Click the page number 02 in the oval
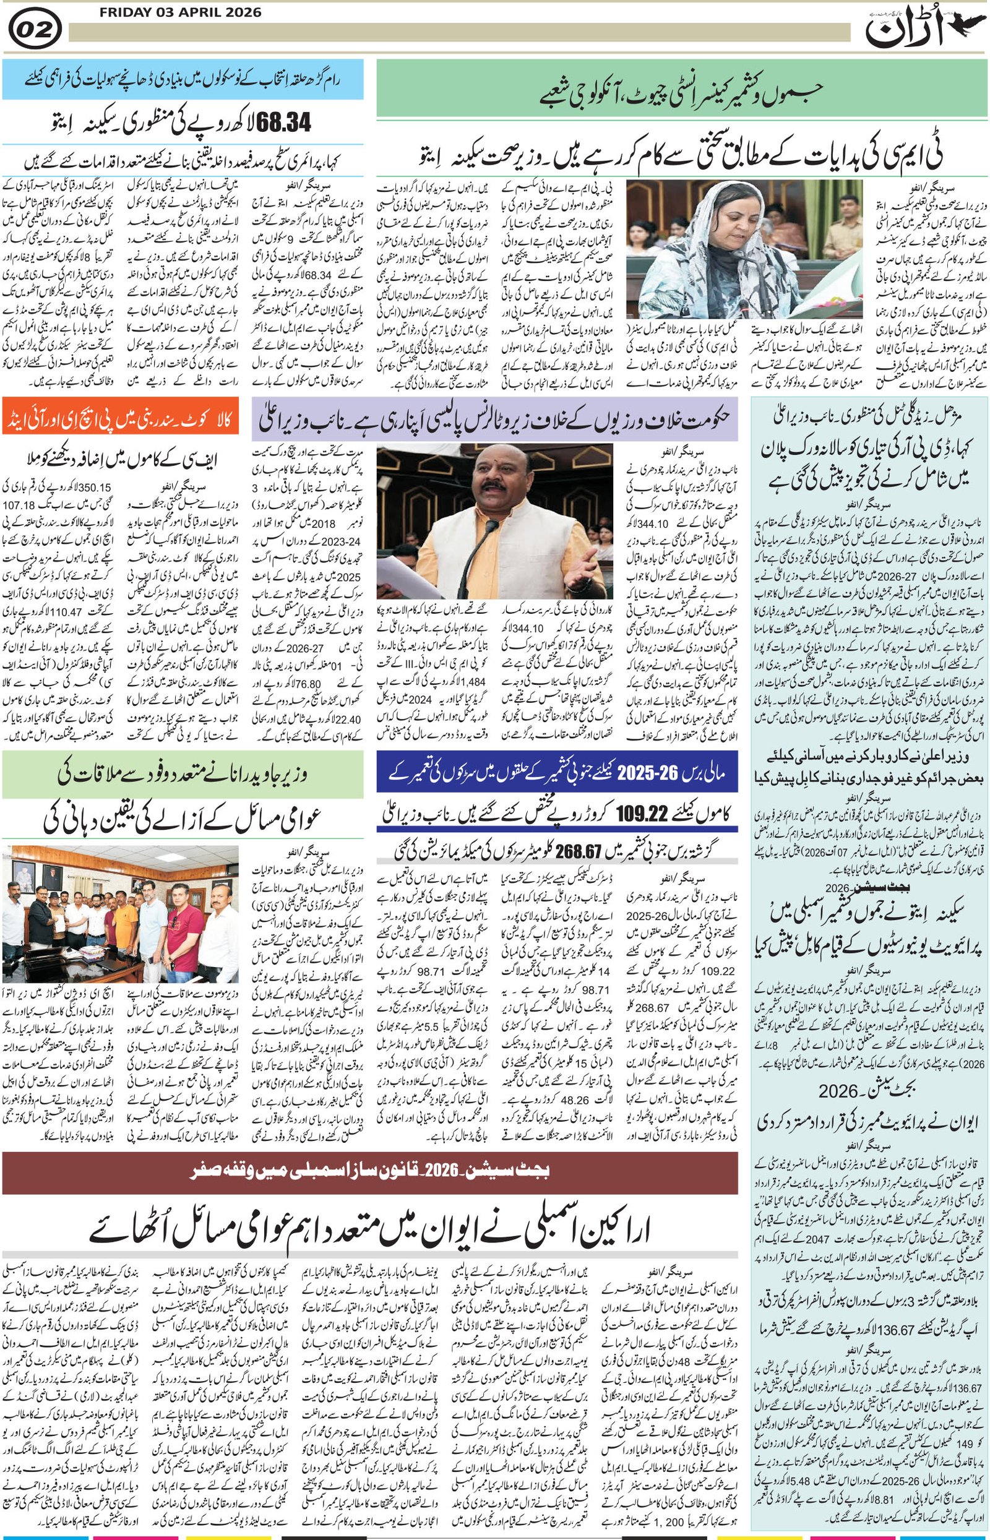click(35, 29)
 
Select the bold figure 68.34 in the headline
click(283, 122)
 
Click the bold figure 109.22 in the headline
click(643, 814)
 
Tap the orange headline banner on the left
click(120, 416)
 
